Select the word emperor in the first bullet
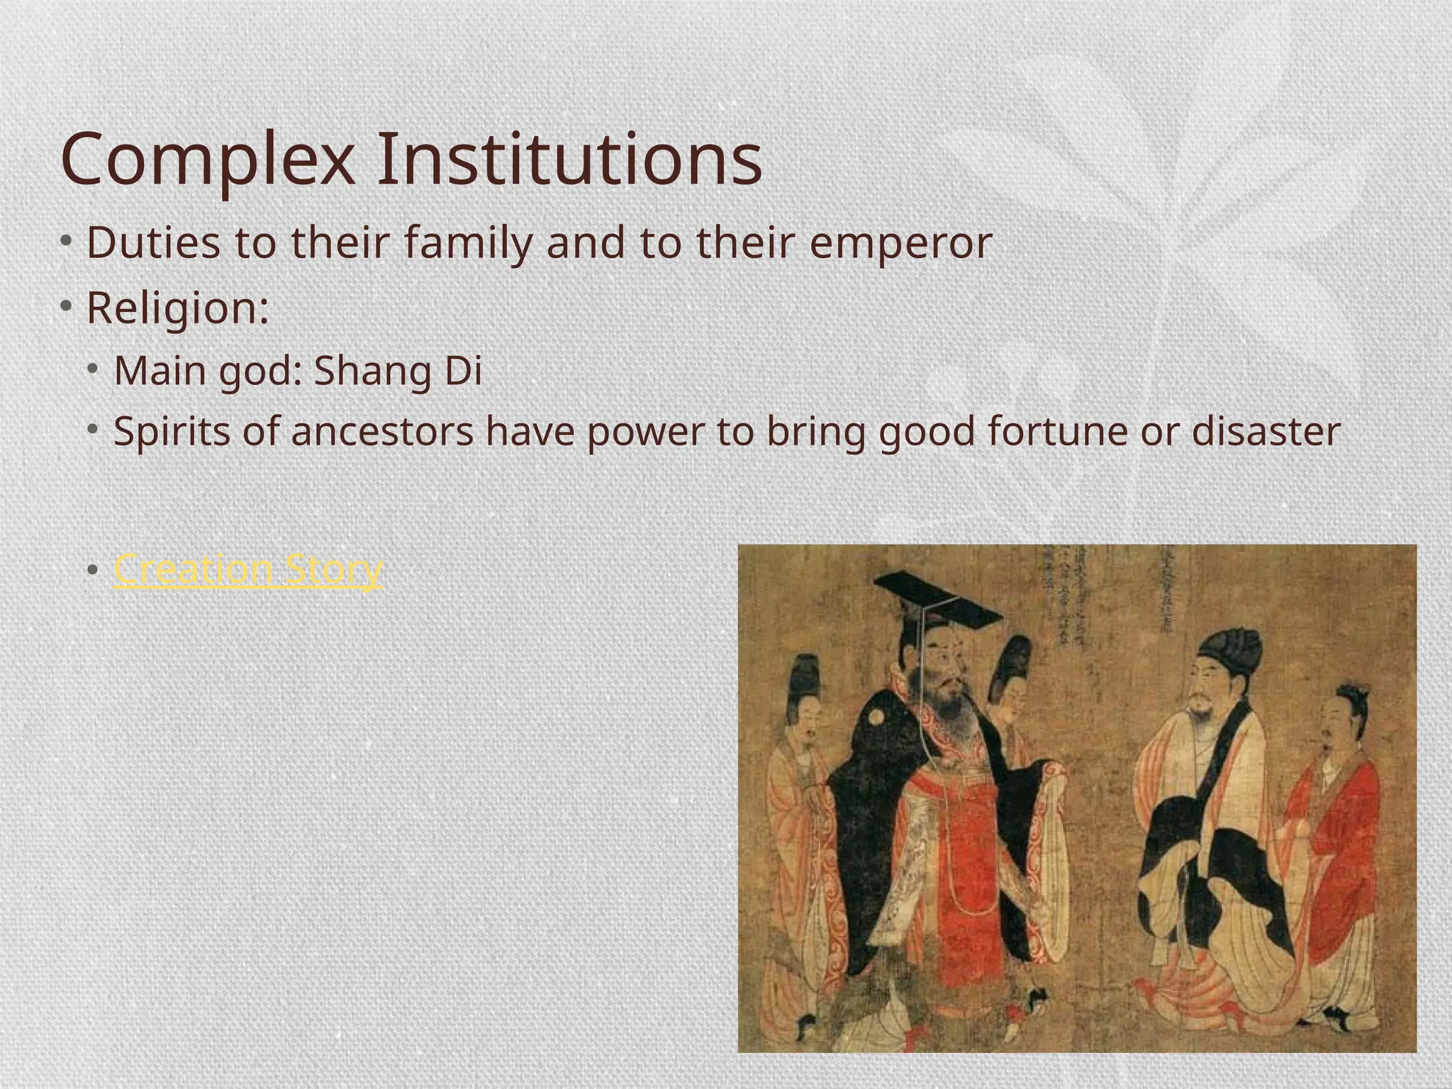pos(900,242)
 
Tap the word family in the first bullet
pos(469,242)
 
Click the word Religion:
pos(178,308)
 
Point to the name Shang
pos(373,371)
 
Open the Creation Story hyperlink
pos(247,569)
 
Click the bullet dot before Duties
pos(66,242)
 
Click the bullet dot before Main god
pos(94,370)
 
